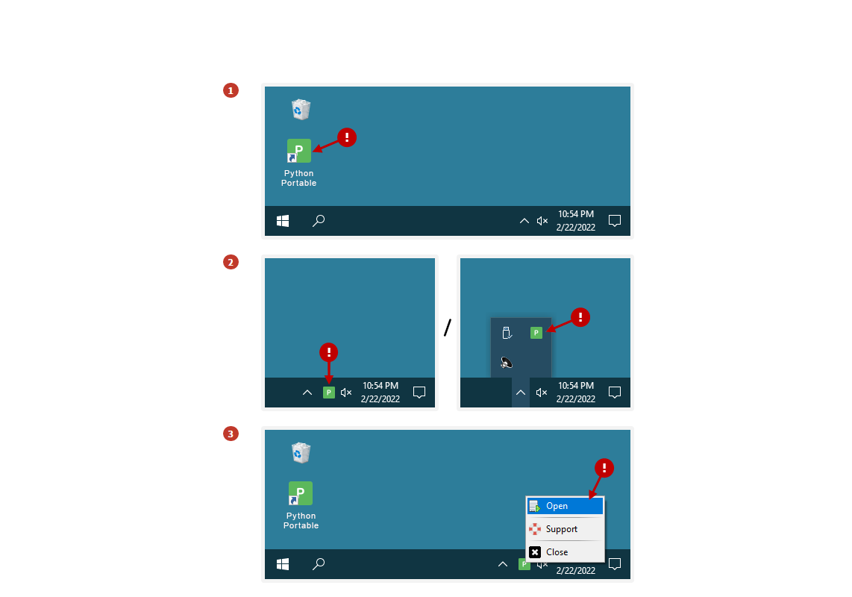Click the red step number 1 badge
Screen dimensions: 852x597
coord(231,90)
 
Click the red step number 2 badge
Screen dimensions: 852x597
coord(231,262)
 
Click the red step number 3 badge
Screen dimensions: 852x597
coord(231,434)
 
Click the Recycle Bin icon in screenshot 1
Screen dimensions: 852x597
coord(301,109)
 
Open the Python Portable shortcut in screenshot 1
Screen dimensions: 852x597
coord(299,151)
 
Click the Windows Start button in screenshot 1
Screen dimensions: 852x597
coord(283,221)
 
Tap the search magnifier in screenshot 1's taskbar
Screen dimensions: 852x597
coord(319,221)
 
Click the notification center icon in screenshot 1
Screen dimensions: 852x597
coord(615,221)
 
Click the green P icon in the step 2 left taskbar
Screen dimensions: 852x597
coord(329,392)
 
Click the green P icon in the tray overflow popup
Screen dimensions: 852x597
coord(536,333)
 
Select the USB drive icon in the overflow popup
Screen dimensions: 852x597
coord(507,333)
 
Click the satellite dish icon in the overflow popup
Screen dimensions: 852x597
coord(507,362)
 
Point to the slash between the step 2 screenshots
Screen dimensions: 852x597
coord(448,328)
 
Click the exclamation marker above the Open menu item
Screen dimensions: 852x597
coord(604,468)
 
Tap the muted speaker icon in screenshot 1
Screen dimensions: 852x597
coord(542,221)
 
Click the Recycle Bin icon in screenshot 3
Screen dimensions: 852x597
coord(301,452)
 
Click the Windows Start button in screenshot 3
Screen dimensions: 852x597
coord(283,564)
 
